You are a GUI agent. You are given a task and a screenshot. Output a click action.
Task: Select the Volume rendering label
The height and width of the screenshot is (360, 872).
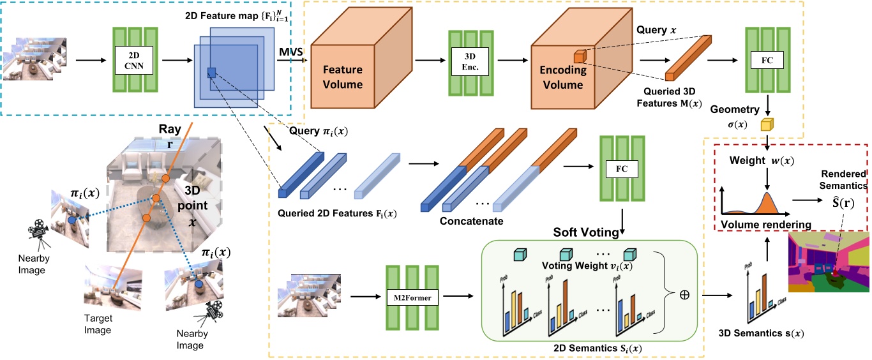[765, 224]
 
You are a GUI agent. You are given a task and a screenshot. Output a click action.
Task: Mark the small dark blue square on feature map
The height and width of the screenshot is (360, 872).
[212, 73]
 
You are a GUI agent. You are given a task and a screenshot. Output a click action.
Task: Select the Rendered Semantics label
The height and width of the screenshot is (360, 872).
[844, 180]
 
